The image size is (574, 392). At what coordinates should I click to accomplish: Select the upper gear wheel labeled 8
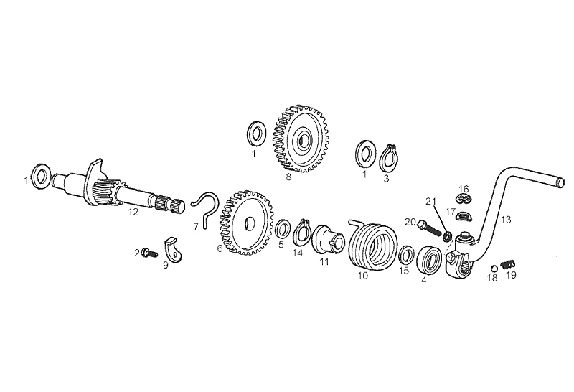coord(301,139)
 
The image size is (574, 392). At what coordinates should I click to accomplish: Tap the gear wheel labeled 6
coord(247,223)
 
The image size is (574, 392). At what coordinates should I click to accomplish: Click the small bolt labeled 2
coord(150,253)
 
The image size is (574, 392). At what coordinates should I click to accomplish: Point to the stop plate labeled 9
coord(174,250)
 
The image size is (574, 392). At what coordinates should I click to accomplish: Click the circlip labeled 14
coord(302,233)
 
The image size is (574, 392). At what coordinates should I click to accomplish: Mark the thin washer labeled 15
coord(406,255)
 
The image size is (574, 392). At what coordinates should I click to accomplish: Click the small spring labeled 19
coord(509,263)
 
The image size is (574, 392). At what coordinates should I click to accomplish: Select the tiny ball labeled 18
coord(494,268)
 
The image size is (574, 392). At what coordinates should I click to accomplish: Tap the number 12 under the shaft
coord(133,212)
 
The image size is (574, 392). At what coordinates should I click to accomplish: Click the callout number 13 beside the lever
coord(506,220)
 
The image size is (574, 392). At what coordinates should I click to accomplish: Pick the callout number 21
coord(431,201)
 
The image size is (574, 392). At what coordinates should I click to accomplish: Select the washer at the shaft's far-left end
coord(41,176)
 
